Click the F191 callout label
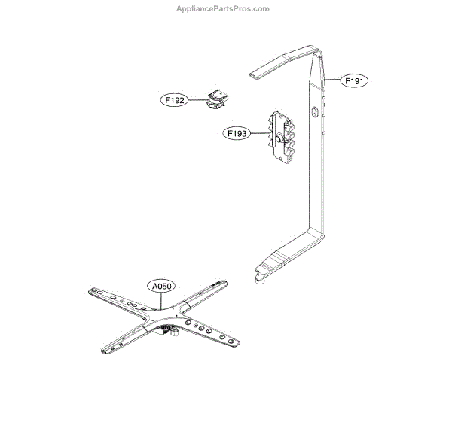pyautogui.click(x=356, y=80)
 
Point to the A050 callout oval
pyautogui.click(x=160, y=287)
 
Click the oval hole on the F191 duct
pyautogui.click(x=312, y=112)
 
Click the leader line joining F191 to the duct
pyautogui.click(x=336, y=79)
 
